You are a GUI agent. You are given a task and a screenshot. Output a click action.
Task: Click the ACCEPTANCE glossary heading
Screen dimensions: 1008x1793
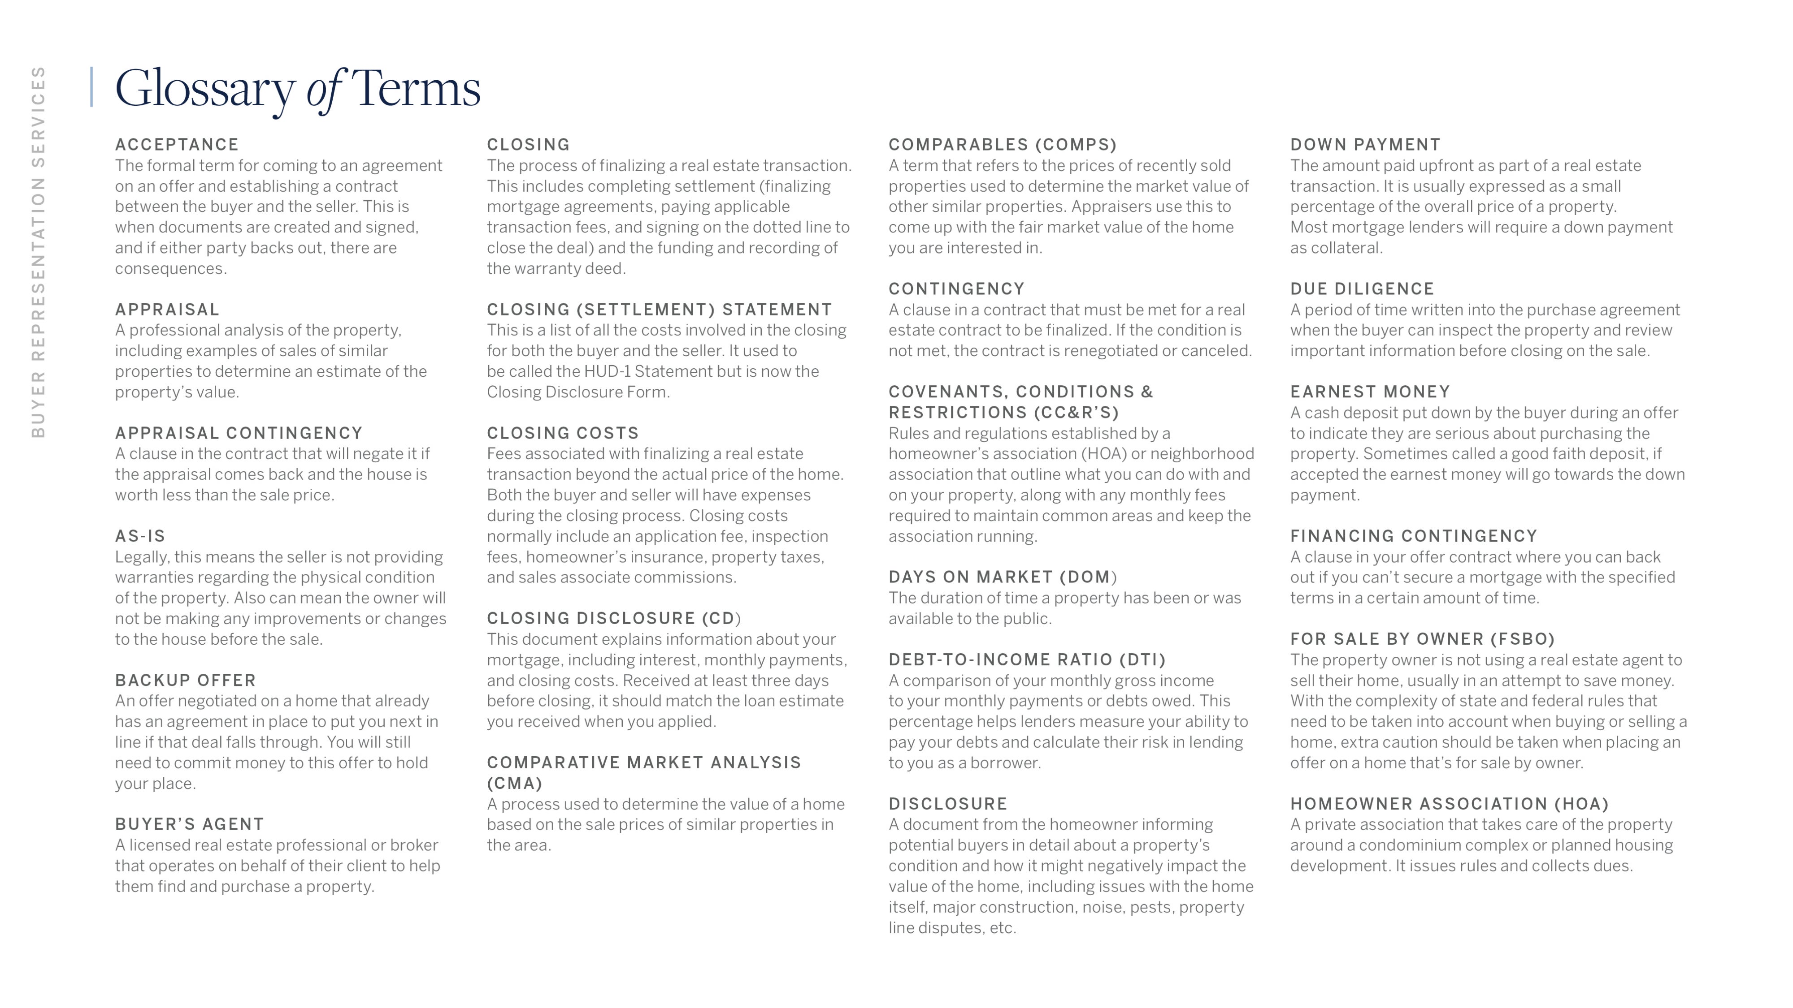click(177, 145)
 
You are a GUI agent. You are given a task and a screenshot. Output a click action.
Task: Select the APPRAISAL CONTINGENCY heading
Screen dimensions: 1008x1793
click(239, 433)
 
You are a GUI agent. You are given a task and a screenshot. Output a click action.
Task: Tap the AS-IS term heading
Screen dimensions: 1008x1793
click(140, 536)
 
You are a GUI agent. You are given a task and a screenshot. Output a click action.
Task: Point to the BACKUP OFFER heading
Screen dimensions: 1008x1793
click(185, 681)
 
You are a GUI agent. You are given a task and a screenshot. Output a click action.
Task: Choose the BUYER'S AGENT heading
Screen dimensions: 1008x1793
click(189, 824)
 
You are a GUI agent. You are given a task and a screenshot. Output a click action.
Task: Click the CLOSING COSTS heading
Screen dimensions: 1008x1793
click(562, 433)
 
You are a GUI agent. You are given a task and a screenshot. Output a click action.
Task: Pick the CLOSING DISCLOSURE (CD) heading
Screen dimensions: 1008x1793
click(613, 618)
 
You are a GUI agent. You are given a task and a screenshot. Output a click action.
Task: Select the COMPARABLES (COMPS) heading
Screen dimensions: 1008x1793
click(1002, 145)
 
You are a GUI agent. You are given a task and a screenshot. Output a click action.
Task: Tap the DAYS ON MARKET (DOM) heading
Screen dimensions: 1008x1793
click(1002, 577)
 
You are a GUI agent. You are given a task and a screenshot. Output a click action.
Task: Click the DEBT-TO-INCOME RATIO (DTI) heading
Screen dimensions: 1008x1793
click(1027, 659)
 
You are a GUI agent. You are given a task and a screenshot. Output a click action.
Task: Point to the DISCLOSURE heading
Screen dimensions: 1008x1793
click(948, 804)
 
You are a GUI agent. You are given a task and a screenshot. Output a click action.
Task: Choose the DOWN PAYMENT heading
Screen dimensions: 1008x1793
click(1365, 145)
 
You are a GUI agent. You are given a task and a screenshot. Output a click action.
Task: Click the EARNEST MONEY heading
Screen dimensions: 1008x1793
click(1370, 392)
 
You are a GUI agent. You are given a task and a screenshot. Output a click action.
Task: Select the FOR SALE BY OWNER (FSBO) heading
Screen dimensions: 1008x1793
click(1422, 639)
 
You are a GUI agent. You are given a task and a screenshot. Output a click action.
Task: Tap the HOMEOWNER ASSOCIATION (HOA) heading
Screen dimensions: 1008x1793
click(1449, 804)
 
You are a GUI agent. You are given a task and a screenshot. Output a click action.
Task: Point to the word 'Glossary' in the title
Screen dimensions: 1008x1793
click(204, 89)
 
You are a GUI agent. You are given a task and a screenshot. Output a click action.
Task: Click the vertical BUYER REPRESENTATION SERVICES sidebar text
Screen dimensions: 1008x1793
click(38, 252)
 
